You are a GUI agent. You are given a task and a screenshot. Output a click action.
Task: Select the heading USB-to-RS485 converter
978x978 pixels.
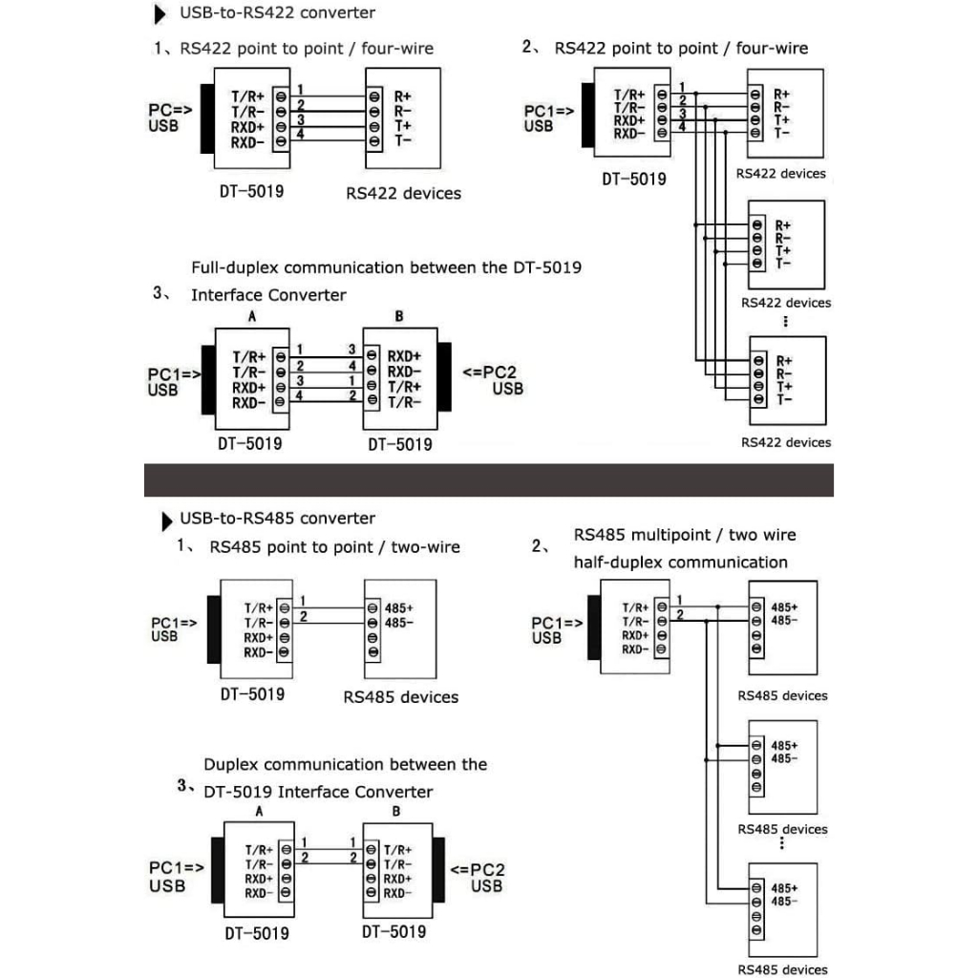pyautogui.click(x=277, y=519)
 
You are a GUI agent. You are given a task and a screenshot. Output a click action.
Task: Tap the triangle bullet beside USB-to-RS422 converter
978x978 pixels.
pyautogui.click(x=159, y=15)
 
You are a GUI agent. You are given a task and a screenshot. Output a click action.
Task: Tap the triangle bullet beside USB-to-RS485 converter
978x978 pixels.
pyautogui.click(x=168, y=521)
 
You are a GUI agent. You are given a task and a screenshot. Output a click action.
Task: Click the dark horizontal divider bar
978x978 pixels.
pyautogui.click(x=488, y=479)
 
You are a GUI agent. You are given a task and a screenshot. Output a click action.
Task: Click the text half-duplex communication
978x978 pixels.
pyautogui.click(x=680, y=563)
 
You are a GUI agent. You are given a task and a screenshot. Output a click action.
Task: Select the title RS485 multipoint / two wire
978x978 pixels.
pyautogui.click(x=684, y=535)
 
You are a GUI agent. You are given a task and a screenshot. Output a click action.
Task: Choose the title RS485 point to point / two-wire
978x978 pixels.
pyautogui.click(x=334, y=547)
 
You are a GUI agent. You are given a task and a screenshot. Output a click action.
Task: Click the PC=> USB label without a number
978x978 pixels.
pyautogui.click(x=170, y=117)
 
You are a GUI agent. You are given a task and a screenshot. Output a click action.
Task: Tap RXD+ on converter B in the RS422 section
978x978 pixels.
pyautogui.click(x=404, y=356)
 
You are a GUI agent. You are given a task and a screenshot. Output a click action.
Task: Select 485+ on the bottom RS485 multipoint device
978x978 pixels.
pyautogui.click(x=784, y=886)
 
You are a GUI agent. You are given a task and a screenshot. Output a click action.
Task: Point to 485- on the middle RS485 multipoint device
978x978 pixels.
pyautogui.click(x=784, y=758)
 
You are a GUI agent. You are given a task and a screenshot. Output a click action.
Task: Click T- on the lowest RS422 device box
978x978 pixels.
pyautogui.click(x=783, y=399)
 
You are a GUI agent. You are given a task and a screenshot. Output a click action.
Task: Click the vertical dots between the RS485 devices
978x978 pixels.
pyautogui.click(x=782, y=843)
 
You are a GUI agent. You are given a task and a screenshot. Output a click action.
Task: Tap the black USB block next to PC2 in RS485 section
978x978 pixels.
pyautogui.click(x=440, y=871)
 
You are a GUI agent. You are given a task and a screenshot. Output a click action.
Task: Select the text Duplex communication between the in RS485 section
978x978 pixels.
pyautogui.click(x=345, y=764)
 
